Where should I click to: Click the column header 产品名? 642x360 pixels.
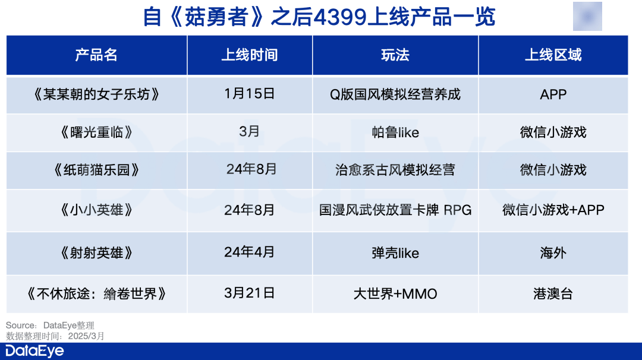pos(96,55)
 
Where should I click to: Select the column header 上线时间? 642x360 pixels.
pos(249,55)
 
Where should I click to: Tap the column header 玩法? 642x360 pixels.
pos(395,55)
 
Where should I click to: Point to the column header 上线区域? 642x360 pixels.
pos(553,55)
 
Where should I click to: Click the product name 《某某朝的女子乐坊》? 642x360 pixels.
pos(96,94)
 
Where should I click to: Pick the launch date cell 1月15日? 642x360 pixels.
pos(249,94)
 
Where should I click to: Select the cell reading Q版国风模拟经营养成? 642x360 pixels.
pos(395,94)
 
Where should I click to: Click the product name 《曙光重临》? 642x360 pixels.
pos(96,132)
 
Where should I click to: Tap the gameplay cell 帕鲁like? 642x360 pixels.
pos(395,132)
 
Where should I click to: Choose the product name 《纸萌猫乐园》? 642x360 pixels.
pos(96,170)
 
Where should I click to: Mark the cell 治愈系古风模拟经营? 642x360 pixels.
pos(395,170)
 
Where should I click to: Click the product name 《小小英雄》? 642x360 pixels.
pos(96,210)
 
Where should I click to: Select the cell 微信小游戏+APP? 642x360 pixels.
pos(553,210)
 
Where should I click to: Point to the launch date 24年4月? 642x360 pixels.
pos(249,252)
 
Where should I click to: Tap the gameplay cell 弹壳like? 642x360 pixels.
pos(395,253)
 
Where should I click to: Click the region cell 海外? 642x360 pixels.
pos(553,253)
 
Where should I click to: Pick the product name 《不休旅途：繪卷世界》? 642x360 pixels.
pos(96,293)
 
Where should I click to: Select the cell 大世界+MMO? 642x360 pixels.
pos(395,293)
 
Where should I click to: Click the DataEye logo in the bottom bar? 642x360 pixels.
pos(35,351)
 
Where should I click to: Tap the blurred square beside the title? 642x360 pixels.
pos(587,17)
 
